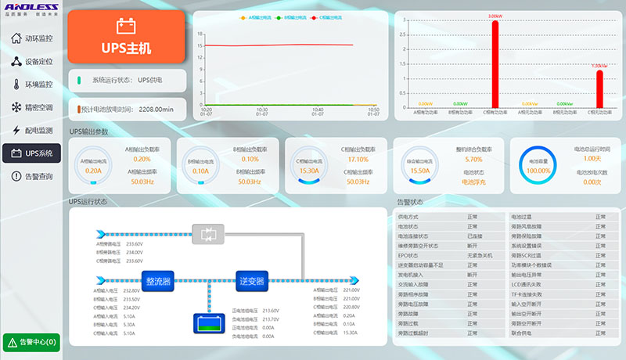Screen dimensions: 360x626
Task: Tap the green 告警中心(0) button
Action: coord(31,342)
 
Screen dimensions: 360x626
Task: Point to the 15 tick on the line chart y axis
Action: coord(201,45)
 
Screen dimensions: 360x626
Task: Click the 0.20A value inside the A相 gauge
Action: coord(93,170)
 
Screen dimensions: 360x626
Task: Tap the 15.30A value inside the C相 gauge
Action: coord(308,170)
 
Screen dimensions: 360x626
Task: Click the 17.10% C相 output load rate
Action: coord(357,159)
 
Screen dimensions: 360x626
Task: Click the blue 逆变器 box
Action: coord(251,280)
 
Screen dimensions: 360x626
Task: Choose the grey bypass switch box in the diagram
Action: coord(208,233)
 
